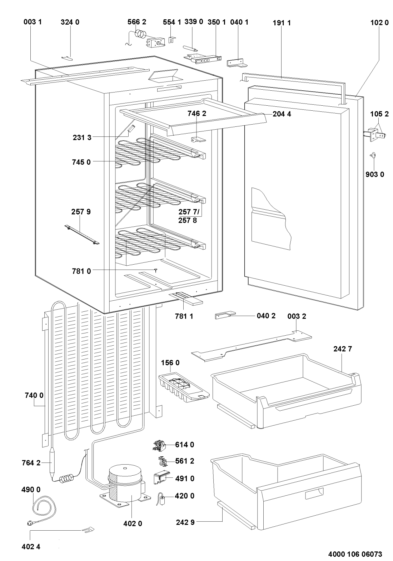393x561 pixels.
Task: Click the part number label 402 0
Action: [x=133, y=524]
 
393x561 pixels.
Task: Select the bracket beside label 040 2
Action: [x=224, y=315]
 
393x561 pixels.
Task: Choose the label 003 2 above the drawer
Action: [x=297, y=316]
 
